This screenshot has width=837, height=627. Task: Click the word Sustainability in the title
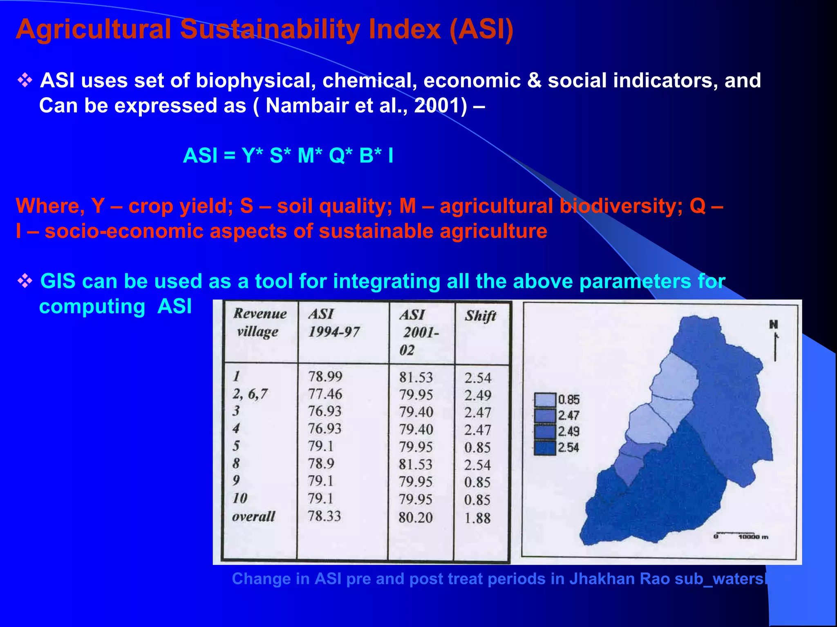click(x=270, y=30)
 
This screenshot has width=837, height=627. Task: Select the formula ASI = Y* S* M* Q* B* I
click(x=288, y=156)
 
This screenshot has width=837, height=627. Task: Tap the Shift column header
click(x=480, y=316)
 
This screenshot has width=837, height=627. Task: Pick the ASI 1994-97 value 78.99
click(x=325, y=376)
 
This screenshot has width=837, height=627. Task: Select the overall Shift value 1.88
click(x=477, y=518)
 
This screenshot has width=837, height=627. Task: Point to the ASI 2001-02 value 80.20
click(x=415, y=518)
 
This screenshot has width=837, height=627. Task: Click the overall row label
click(x=253, y=516)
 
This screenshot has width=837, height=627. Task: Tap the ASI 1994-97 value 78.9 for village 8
click(x=321, y=464)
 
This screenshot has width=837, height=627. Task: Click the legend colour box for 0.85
click(x=545, y=400)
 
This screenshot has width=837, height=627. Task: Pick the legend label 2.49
click(x=568, y=431)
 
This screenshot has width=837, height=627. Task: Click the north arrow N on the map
click(x=774, y=325)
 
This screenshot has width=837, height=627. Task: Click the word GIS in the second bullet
click(x=58, y=281)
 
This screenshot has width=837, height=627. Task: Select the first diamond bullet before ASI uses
click(x=25, y=80)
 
